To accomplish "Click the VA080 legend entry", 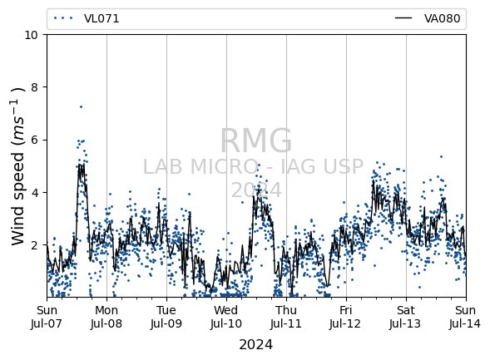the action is click(x=428, y=19).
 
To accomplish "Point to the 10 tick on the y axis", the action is click(x=32, y=35).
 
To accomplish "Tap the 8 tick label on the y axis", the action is click(x=34, y=87).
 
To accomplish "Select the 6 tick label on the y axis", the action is click(x=34, y=140).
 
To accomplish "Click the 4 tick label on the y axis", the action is click(x=34, y=192).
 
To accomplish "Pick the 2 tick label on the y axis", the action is click(x=34, y=244).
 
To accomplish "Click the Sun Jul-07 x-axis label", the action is click(x=47, y=317).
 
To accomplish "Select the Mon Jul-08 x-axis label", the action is click(x=106, y=317).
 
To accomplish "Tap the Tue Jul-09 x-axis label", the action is click(x=166, y=317).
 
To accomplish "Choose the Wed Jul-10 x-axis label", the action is click(x=226, y=317).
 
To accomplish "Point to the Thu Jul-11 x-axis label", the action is click(x=286, y=317).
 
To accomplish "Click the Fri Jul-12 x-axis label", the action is click(x=346, y=317).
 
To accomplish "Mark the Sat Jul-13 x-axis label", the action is click(x=406, y=317).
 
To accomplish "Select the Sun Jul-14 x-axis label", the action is click(x=466, y=317).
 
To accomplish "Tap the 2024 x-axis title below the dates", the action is click(x=256, y=345).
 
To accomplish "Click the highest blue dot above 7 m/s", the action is click(x=81, y=106).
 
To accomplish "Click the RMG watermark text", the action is click(x=256, y=141).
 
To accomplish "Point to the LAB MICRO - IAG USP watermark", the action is click(x=253, y=166).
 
